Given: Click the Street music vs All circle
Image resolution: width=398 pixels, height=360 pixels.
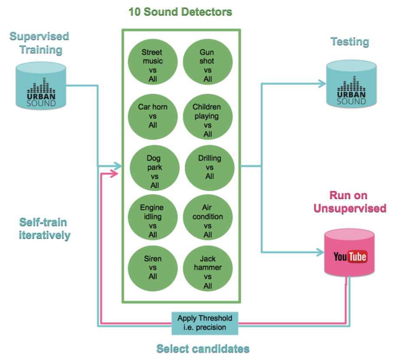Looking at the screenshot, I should (x=152, y=65).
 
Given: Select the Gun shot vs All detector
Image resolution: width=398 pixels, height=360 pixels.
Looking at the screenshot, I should (x=207, y=65).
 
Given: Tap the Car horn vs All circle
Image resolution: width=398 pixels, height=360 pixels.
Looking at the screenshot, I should (x=152, y=116).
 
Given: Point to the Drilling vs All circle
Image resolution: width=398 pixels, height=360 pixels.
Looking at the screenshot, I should (x=210, y=167).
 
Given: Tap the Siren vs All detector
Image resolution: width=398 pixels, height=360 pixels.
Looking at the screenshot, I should (x=152, y=267).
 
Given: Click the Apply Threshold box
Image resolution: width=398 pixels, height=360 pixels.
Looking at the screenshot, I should (x=205, y=323).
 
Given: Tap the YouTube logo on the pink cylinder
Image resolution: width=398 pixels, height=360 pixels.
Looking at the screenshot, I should (x=350, y=256).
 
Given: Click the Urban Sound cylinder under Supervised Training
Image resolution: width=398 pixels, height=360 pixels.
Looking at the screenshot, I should (x=41, y=86).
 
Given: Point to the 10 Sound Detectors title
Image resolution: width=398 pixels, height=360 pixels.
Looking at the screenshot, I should (x=180, y=12).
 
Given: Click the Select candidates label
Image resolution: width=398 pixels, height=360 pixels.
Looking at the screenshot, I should (x=203, y=348).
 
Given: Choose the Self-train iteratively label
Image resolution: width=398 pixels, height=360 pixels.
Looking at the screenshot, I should (x=45, y=229).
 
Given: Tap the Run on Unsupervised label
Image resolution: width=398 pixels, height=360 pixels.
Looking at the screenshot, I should (x=350, y=202).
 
